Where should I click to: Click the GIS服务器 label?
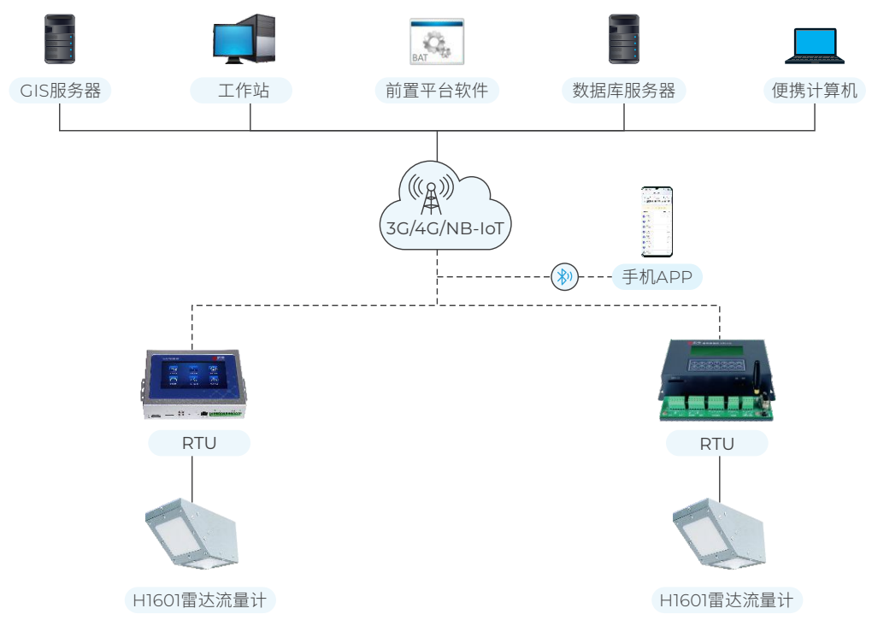(60, 91)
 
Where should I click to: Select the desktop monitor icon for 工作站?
(243, 38)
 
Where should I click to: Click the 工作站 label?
(243, 91)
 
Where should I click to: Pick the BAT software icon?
(436, 41)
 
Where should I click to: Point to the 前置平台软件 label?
(436, 91)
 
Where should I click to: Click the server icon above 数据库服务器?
(624, 38)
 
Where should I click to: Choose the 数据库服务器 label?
(624, 91)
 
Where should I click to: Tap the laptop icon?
(815, 47)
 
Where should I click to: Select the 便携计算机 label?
(815, 91)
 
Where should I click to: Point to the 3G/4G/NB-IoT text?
(437, 229)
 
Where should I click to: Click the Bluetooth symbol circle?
(563, 276)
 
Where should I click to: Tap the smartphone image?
(657, 221)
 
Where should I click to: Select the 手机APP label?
(657, 277)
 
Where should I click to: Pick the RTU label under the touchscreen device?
(199, 443)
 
